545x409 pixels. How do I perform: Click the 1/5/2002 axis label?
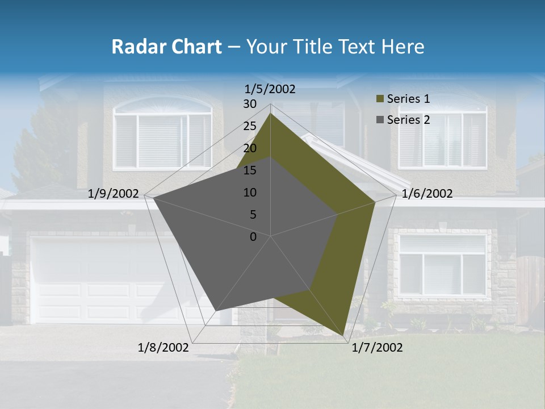[x=270, y=89]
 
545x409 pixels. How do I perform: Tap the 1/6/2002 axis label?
[x=427, y=194]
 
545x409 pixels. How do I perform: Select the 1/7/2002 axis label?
[x=377, y=347]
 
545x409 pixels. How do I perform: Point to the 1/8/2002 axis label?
[x=163, y=347]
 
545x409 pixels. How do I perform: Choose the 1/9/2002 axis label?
[x=114, y=194]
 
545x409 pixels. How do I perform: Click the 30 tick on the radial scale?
[x=250, y=104]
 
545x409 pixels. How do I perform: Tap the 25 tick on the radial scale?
[x=250, y=126]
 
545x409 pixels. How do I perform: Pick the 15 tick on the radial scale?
[x=250, y=170]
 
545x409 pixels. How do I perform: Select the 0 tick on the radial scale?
[x=253, y=237]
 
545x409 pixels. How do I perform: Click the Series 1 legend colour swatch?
[x=379, y=99]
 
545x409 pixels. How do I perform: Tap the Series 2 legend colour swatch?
[x=379, y=120]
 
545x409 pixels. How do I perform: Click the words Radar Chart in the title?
[x=166, y=47]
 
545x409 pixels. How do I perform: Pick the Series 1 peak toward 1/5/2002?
[x=271, y=114]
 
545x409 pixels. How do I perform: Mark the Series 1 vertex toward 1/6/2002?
[x=375, y=202]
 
